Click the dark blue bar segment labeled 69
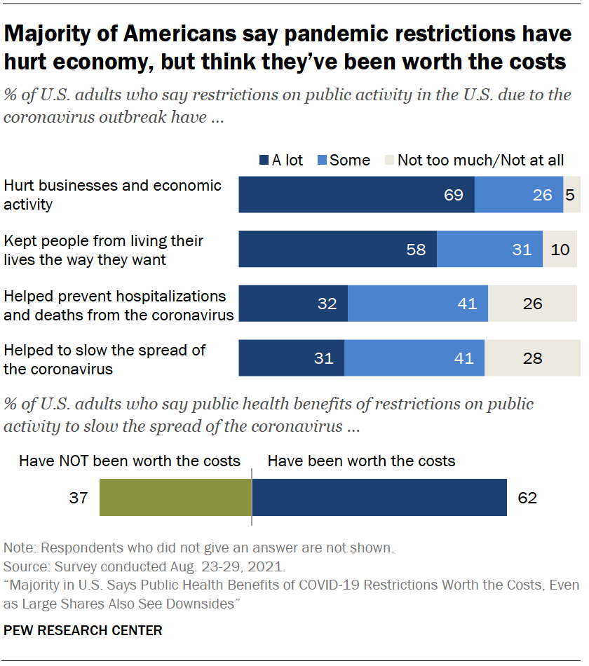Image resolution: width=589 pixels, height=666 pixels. pyautogui.click(x=356, y=195)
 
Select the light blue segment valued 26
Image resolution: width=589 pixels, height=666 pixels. pyautogui.click(x=519, y=195)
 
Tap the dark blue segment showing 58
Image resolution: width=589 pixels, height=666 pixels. pyautogui.click(x=337, y=249)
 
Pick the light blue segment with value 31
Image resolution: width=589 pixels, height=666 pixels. pyautogui.click(x=489, y=249)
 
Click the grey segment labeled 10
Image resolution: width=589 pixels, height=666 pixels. pyautogui.click(x=560, y=249)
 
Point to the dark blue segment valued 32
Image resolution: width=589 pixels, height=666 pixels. pyautogui.click(x=293, y=304)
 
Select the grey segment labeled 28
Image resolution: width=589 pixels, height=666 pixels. pyautogui.click(x=532, y=358)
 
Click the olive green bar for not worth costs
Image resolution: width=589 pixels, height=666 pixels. pyautogui.click(x=175, y=498)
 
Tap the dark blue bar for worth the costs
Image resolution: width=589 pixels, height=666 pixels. pyautogui.click(x=379, y=498)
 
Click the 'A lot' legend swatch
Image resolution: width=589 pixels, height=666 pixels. pyautogui.click(x=264, y=161)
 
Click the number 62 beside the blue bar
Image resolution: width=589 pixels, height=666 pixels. pyautogui.click(x=527, y=498)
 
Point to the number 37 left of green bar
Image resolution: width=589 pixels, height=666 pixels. pyautogui.click(x=78, y=498)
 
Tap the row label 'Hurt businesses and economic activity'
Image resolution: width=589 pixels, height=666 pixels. pyautogui.click(x=112, y=195)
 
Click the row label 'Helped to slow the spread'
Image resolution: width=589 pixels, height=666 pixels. pyautogui.click(x=105, y=358)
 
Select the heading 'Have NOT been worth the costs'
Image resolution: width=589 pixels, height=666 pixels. pyautogui.click(x=130, y=461)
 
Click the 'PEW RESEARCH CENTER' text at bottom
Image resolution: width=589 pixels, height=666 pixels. pyautogui.click(x=83, y=630)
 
